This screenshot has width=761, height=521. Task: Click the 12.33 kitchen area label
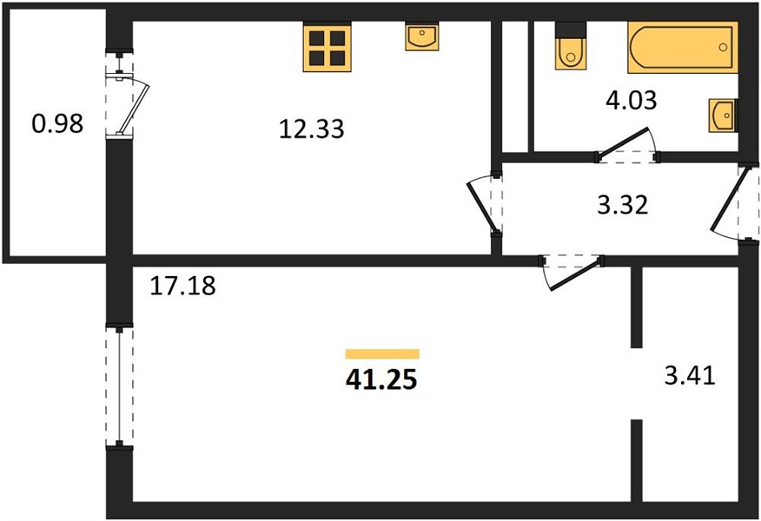click(312, 129)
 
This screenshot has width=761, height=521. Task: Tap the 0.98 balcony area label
click(57, 123)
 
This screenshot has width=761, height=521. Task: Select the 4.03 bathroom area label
click(632, 101)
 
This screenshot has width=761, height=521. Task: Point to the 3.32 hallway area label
click(622, 205)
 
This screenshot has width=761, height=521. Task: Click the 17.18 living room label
click(182, 285)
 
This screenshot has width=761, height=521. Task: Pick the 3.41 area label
click(690, 375)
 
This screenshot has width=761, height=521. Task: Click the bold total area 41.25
click(381, 379)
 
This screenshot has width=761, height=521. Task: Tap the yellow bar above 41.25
click(382, 353)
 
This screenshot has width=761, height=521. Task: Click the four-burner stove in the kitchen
click(328, 47)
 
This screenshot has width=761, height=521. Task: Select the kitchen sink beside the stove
click(422, 36)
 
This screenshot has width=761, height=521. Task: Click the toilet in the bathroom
click(571, 46)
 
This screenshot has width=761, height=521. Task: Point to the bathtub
click(683, 47)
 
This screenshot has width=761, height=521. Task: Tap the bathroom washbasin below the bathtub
click(723, 115)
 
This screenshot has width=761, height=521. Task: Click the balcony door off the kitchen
click(127, 94)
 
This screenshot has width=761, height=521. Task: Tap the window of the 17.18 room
click(119, 386)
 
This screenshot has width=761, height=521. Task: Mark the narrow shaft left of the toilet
click(515, 87)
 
